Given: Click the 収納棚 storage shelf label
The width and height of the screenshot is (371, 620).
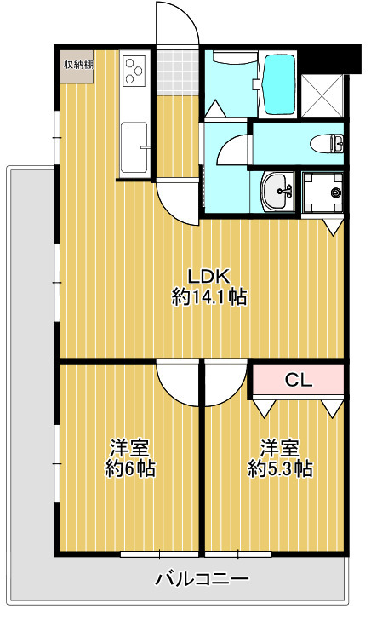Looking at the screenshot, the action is (78, 65).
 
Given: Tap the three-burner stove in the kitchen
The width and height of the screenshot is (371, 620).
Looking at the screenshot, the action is (134, 71).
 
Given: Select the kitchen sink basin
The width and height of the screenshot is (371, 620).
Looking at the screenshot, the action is (134, 147).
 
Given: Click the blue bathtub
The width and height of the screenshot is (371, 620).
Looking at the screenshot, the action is (279, 83).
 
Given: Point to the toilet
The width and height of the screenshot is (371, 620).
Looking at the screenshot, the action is (327, 143).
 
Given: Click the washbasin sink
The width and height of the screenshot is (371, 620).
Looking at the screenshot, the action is (277, 191).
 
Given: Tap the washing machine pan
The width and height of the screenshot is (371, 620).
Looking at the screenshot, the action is (322, 192).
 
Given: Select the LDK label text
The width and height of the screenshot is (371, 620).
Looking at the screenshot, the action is (208, 277).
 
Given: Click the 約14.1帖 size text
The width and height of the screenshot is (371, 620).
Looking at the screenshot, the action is (209, 297).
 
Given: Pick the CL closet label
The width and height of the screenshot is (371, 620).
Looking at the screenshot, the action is (299, 381).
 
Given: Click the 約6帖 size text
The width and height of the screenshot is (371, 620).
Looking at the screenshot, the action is (129, 469).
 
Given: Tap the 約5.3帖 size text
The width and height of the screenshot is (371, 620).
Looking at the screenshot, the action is (280, 469).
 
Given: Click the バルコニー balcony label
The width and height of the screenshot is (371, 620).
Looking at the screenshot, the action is (202, 579).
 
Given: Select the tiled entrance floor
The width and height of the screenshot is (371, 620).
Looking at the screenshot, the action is (177, 72).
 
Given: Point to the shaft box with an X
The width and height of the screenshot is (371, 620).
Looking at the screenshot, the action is (322, 95).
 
